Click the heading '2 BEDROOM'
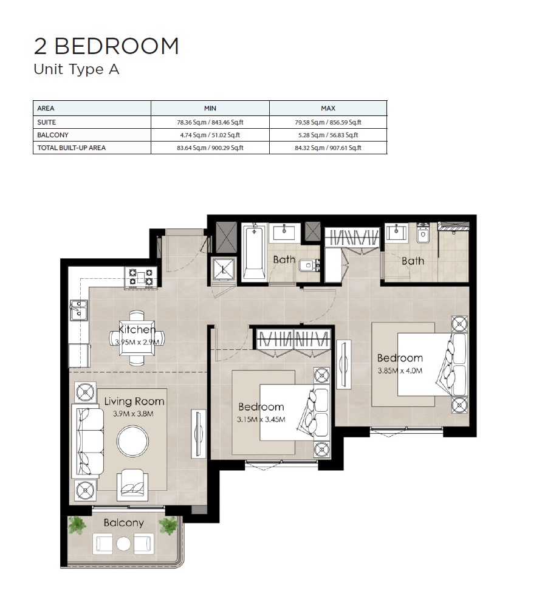106,46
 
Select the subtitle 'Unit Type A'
77,69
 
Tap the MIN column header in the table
210,108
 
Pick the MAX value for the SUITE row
328,122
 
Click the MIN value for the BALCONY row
210,135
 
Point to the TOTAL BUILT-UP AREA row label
72,148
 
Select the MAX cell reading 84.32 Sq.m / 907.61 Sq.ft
328,148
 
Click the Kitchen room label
137,330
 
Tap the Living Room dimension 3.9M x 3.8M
133,414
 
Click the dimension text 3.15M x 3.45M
261,419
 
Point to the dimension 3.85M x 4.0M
400,370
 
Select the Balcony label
123,522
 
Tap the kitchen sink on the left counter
78,310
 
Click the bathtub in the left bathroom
253,252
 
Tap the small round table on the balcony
124,543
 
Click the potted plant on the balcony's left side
77,525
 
